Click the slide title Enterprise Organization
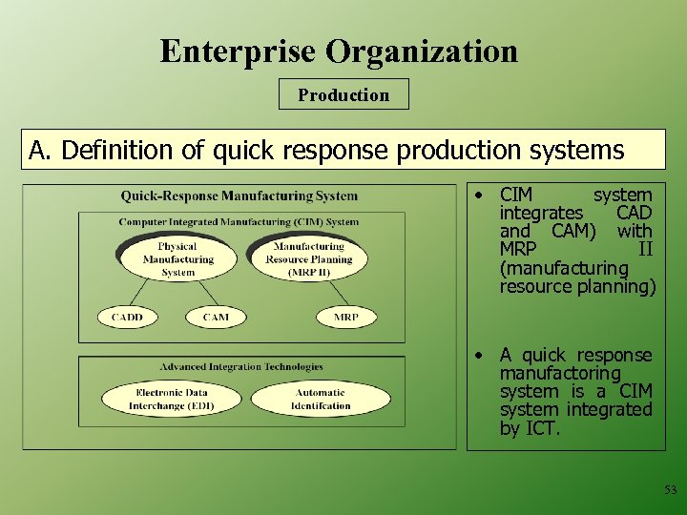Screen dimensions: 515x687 pos(339,51)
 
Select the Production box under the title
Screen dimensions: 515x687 pos(343,94)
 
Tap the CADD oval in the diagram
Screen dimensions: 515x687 pos(127,317)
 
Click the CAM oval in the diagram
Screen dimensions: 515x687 pos(216,317)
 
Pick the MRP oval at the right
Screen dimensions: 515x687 pos(345,317)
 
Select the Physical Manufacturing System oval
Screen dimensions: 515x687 pos(177,259)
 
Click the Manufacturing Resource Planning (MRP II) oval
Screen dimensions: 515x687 pos(308,259)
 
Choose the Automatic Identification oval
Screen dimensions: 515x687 pos(321,399)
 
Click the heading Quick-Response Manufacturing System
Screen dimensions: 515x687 pos(239,196)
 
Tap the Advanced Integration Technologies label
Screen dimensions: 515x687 pos(241,366)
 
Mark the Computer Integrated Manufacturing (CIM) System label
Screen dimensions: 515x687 pos(239,222)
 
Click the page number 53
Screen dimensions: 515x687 pos(670,489)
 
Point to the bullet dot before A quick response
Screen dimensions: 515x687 pos(483,356)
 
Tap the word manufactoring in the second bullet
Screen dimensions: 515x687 pos(560,374)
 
